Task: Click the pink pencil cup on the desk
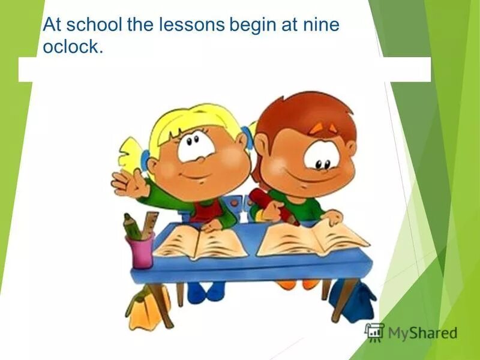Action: tap(139, 250)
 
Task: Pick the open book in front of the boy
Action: tap(312, 237)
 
